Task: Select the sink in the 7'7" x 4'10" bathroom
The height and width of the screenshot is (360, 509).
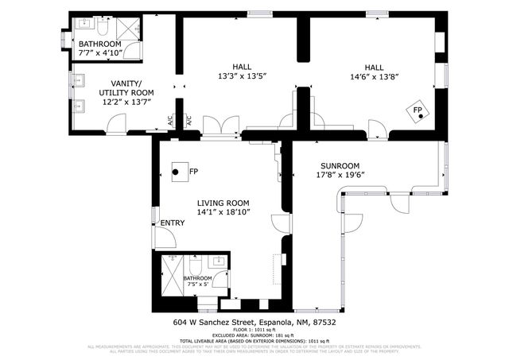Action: click(85, 24)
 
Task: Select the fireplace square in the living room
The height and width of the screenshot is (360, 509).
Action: click(178, 171)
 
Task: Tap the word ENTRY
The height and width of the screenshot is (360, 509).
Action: click(173, 223)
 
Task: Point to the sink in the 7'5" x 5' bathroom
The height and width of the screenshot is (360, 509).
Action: click(218, 263)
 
